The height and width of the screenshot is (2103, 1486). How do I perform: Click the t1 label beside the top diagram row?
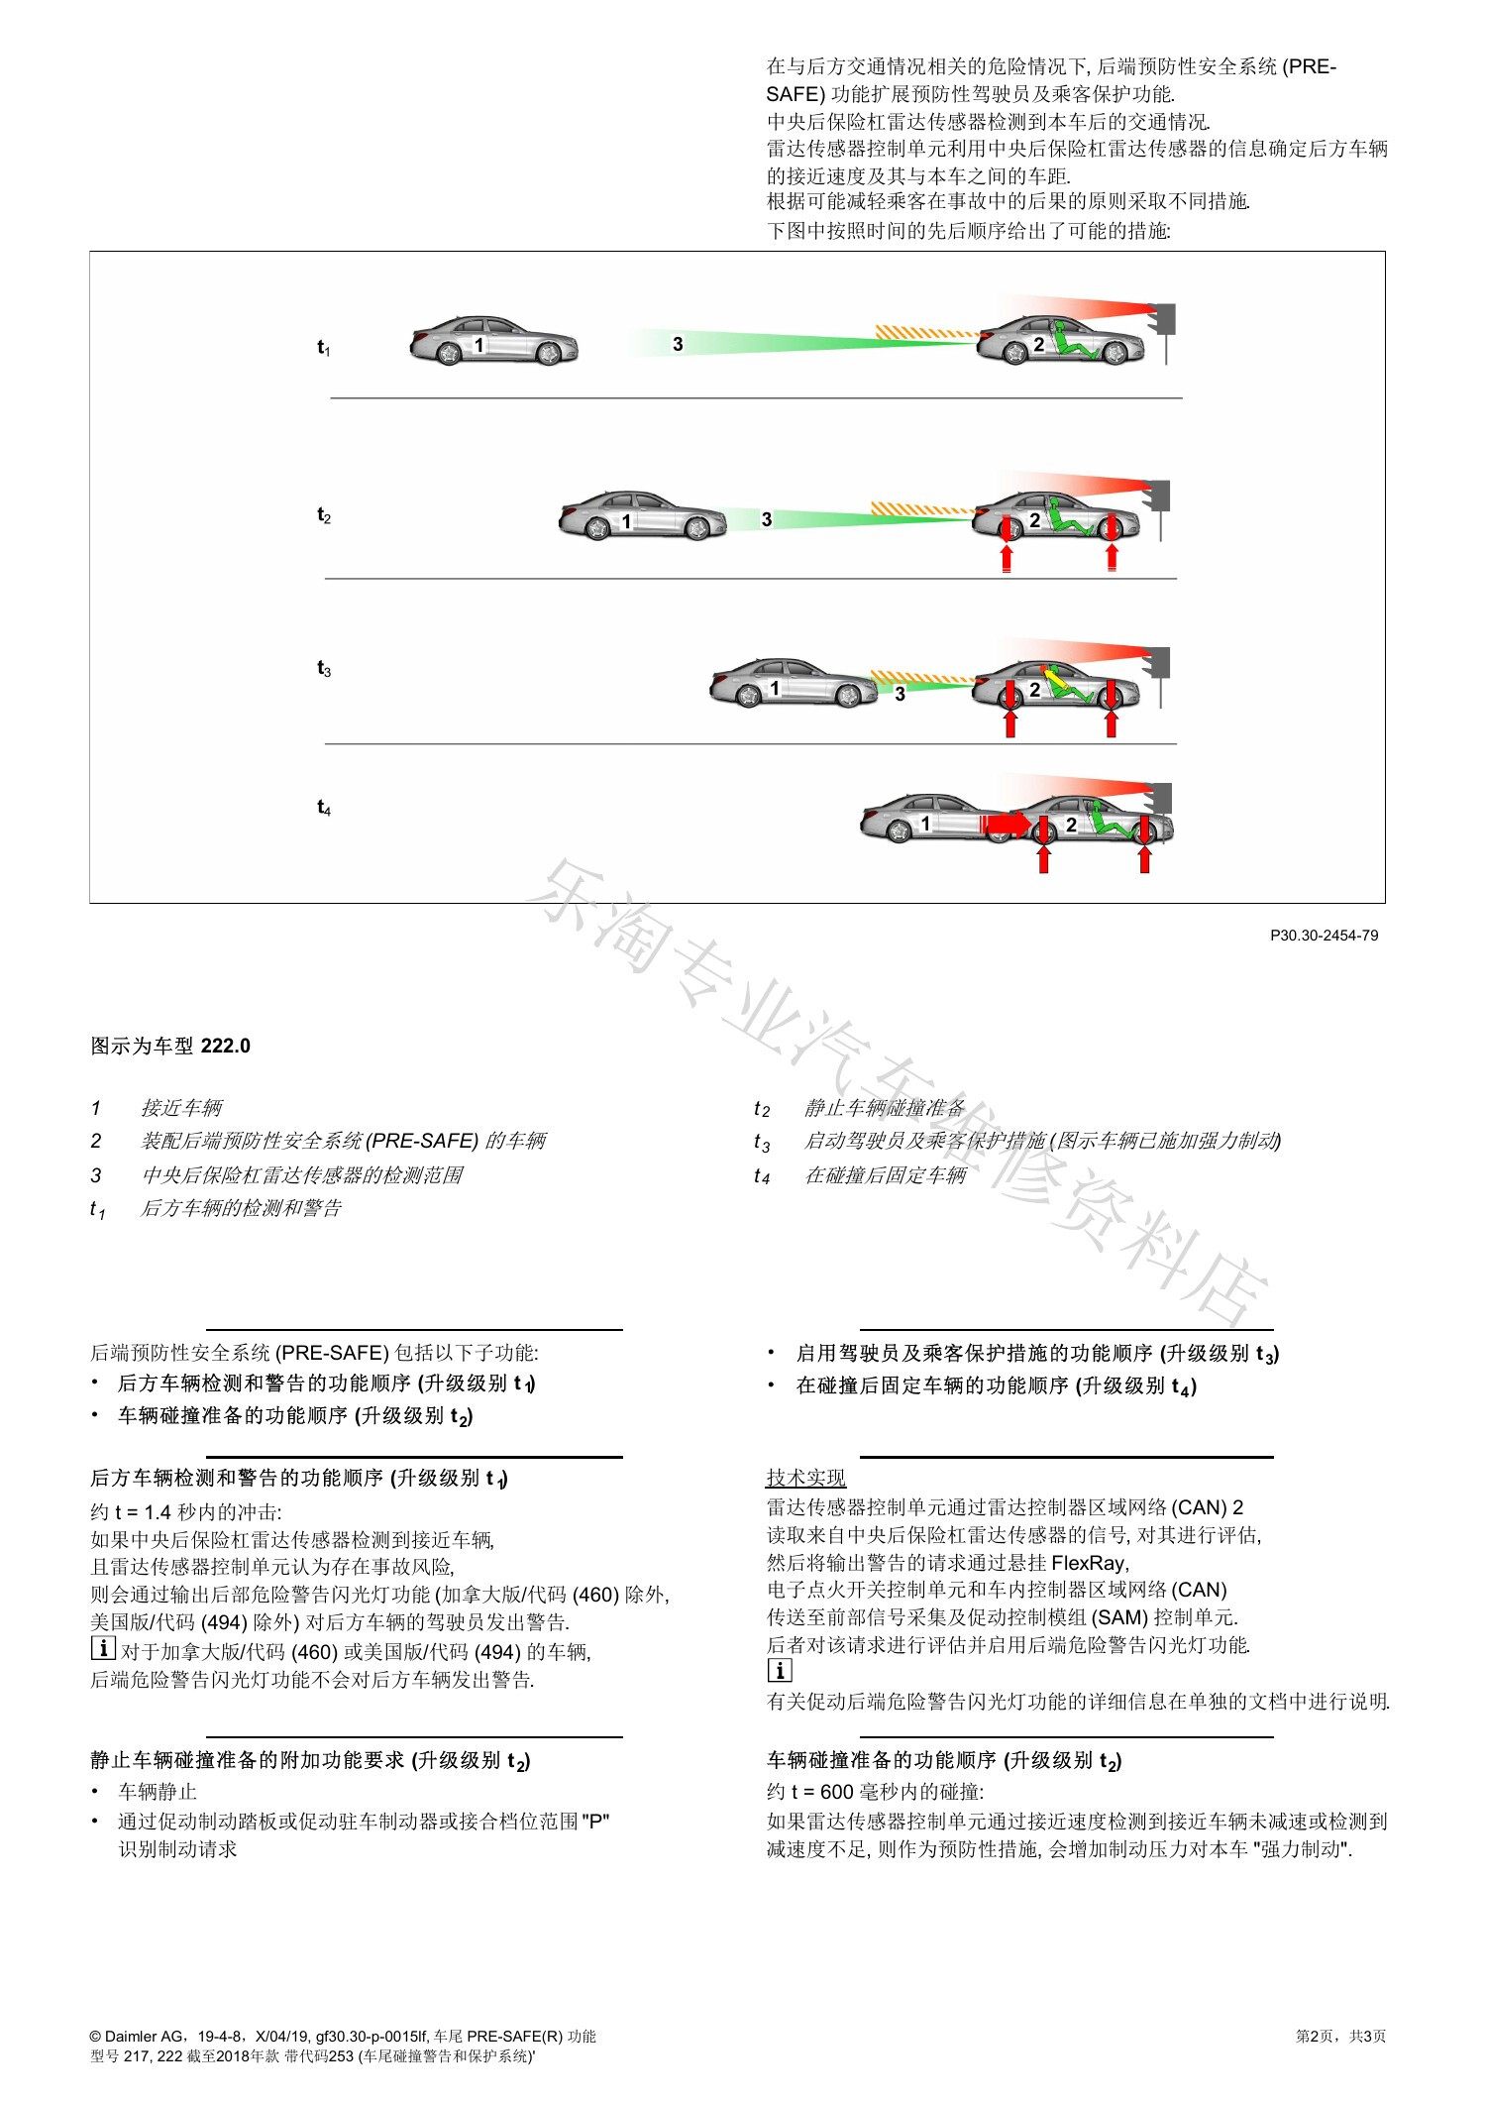[x=324, y=348]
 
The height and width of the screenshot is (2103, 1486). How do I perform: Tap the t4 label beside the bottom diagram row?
[x=324, y=808]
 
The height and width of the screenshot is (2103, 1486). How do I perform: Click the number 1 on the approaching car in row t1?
[x=479, y=345]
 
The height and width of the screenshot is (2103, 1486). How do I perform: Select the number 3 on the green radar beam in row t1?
[x=678, y=344]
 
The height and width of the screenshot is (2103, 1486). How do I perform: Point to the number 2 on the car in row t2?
[x=1034, y=520]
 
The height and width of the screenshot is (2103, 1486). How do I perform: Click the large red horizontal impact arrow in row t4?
[x=1006, y=824]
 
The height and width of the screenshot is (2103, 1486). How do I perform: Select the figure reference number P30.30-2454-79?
[x=1325, y=936]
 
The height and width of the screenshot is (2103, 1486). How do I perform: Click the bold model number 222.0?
[x=226, y=1047]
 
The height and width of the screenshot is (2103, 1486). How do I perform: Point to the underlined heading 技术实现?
[x=806, y=1478]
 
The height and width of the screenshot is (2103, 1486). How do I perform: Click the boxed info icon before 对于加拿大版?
[x=103, y=1649]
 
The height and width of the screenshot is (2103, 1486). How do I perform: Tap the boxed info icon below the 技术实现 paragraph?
[x=780, y=1671]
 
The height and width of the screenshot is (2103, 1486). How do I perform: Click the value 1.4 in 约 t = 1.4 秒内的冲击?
[x=159, y=1512]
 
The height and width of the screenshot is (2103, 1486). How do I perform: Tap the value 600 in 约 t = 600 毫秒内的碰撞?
[x=837, y=1792]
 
